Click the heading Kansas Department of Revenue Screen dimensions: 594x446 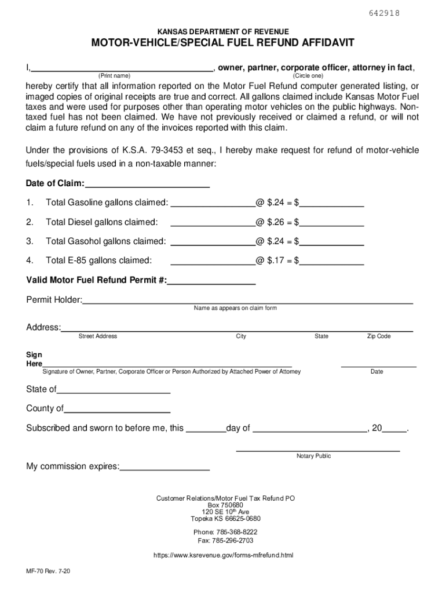223,31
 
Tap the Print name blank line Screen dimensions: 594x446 122,67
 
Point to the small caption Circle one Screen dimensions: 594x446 308,76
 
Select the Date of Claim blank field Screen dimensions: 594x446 147,184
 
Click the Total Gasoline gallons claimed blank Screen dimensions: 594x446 213,202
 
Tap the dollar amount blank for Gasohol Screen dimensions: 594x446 331,241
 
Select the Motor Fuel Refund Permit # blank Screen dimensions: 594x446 211,281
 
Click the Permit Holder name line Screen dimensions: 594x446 247,300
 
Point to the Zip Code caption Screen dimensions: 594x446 379,336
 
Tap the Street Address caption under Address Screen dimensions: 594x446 98,336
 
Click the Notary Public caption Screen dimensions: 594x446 313,456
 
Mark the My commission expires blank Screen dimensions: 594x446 164,466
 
